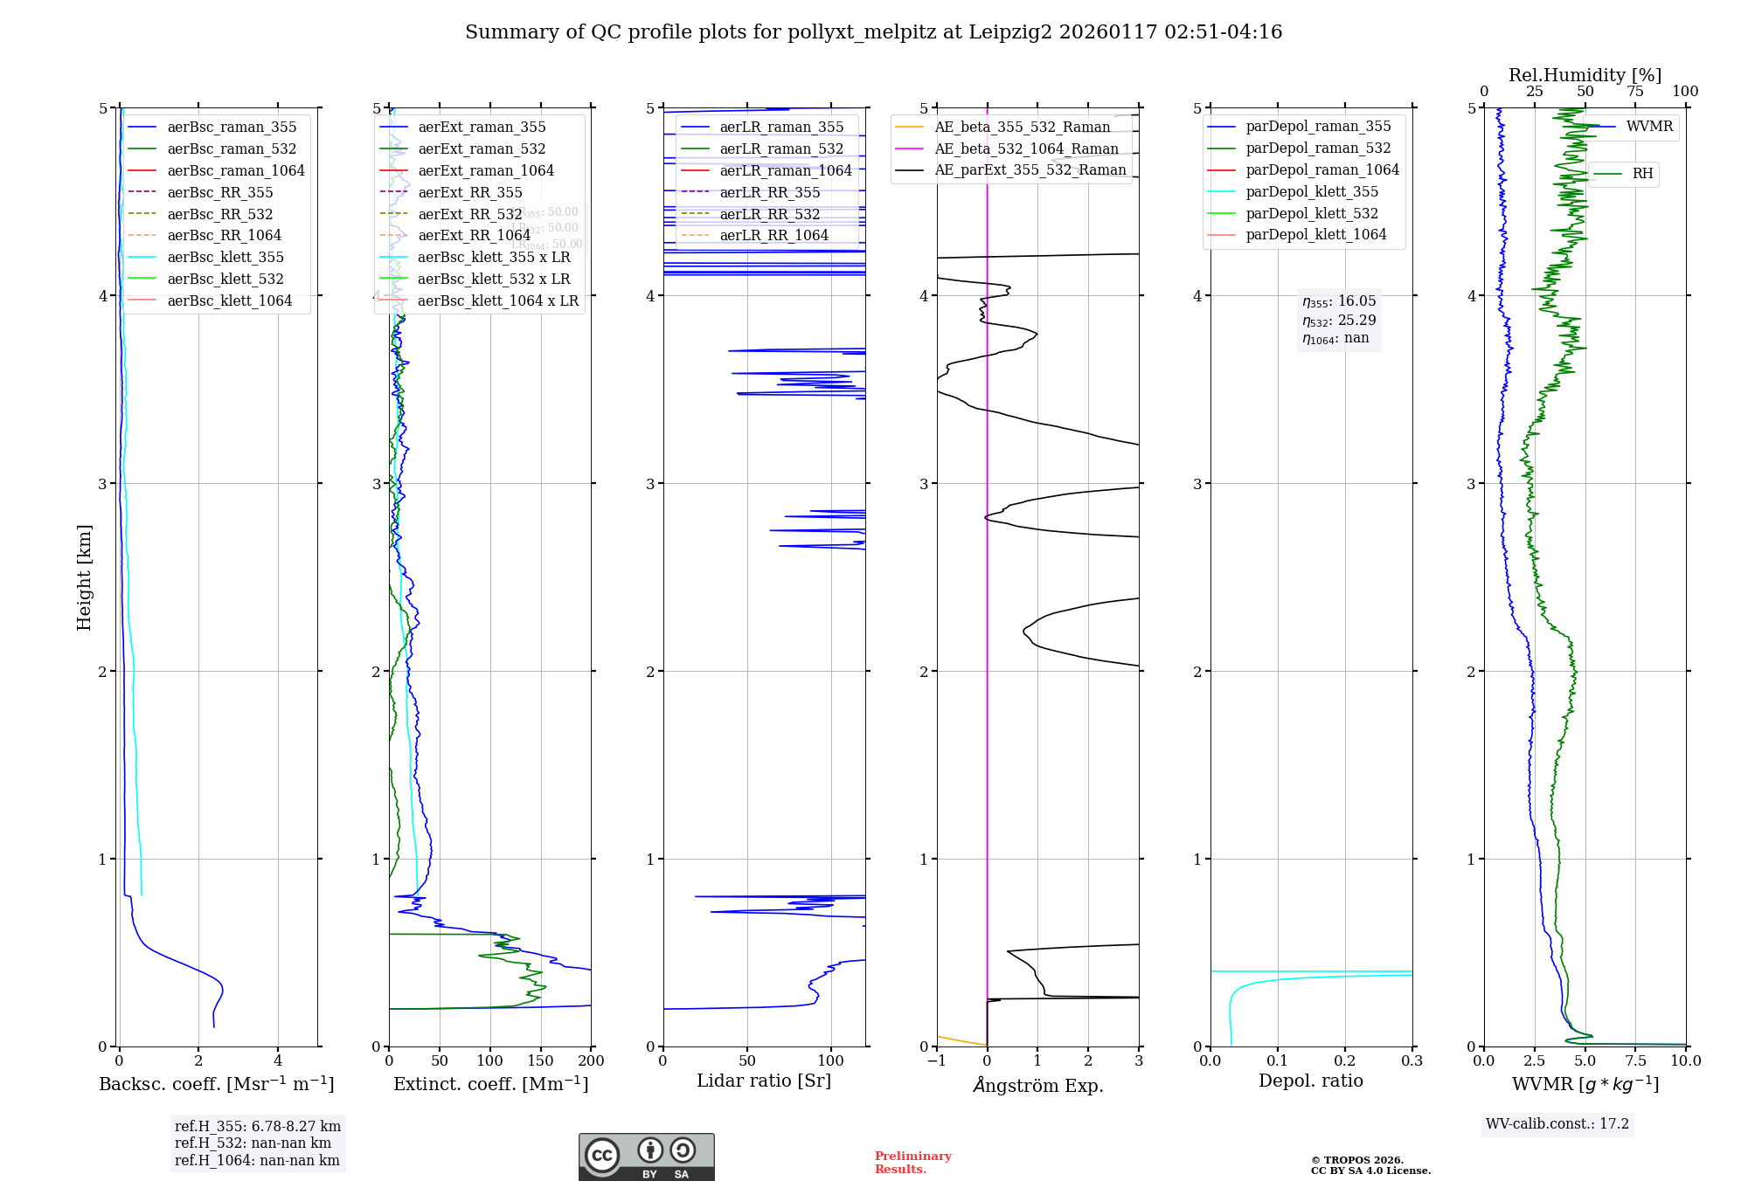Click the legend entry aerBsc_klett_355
(225, 257)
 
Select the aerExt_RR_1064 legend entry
(474, 235)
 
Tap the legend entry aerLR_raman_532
(781, 148)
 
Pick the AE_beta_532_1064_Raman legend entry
(1026, 148)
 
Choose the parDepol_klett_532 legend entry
(1311, 213)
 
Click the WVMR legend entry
(1649, 127)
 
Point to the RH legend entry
(1642, 174)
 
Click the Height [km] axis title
(84, 577)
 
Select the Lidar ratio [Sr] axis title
(763, 1081)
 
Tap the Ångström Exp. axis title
(1037, 1085)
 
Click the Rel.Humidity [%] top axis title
(1585, 75)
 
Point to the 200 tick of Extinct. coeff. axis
(592, 1060)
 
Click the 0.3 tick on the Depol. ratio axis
(1412, 1060)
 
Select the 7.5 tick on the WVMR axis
(1635, 1060)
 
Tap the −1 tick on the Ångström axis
(936, 1060)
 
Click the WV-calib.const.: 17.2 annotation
(1557, 1123)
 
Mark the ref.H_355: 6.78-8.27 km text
(257, 1126)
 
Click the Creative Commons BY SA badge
(646, 1157)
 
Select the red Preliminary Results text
(912, 1163)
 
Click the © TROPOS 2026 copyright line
(1356, 1160)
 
